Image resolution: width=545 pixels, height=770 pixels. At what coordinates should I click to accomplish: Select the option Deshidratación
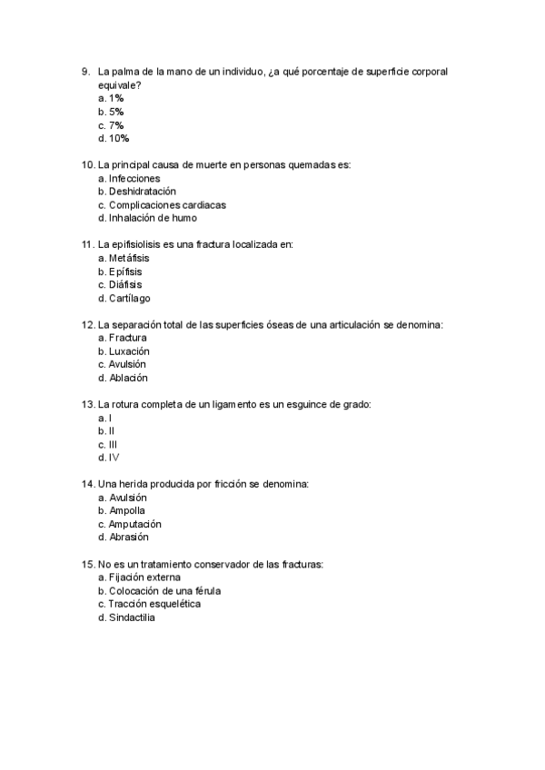point(136,192)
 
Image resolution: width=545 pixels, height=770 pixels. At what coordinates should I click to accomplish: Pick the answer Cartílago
point(124,298)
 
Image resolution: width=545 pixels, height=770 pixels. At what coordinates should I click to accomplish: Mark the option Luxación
point(124,350)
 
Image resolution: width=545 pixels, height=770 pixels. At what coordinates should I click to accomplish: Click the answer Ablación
point(123,378)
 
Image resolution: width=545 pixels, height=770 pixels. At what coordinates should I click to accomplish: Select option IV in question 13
point(108,458)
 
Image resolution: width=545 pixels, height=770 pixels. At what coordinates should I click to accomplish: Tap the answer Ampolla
point(122,510)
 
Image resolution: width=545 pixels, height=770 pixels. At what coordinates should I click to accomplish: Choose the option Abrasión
point(124,537)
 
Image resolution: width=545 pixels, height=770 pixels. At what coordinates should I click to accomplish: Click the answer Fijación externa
point(139,577)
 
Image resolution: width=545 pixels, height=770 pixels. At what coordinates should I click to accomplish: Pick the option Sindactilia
point(127,617)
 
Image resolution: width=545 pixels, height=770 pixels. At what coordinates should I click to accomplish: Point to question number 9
point(85,71)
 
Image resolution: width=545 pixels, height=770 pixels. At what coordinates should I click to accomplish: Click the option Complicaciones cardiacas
point(163,205)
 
